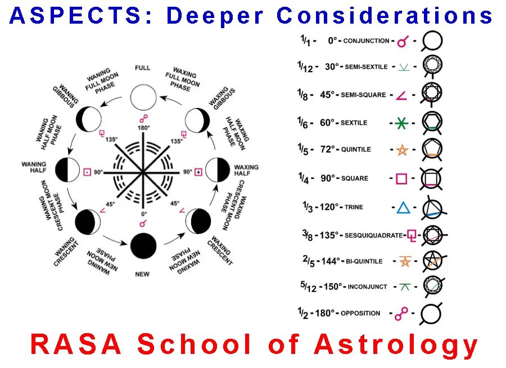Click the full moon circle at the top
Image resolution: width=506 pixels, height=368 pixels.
coord(143,97)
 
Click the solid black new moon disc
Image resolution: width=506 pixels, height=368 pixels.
coord(143,246)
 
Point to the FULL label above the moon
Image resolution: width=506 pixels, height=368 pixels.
coord(143,68)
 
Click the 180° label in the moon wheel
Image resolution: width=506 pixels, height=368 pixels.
coord(144,128)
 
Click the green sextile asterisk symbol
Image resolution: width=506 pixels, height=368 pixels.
coord(401,123)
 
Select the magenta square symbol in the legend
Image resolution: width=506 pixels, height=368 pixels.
coord(401,178)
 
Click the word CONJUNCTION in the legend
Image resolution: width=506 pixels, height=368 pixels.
coord(366,41)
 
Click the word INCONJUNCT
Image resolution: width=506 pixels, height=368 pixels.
coord(368,287)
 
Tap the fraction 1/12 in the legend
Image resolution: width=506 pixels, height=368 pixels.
coord(305,66)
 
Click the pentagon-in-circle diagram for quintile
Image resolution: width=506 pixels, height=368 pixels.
coord(432,150)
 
